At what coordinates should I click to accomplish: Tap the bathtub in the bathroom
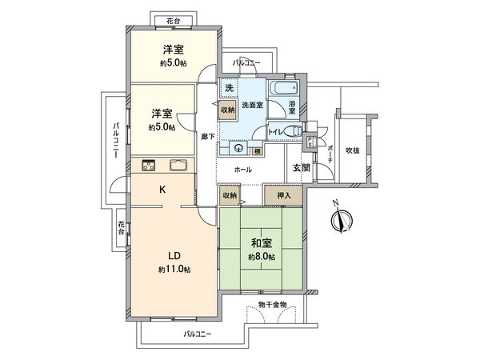pyautogui.click(x=283, y=88)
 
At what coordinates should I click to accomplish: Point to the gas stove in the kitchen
pyautogui.click(x=149, y=166)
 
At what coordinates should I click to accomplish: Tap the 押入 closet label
pyautogui.click(x=283, y=194)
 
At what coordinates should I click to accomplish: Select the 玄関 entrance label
pyautogui.click(x=300, y=167)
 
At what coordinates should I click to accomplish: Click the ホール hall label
pyautogui.click(x=242, y=170)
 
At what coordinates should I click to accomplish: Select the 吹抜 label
pyautogui.click(x=353, y=150)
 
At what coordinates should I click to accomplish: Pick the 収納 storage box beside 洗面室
pyautogui.click(x=228, y=110)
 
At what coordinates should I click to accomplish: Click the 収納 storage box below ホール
pyautogui.click(x=230, y=194)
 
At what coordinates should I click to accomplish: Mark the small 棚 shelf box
pyautogui.click(x=257, y=150)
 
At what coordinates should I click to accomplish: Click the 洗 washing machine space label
pyautogui.click(x=228, y=86)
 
